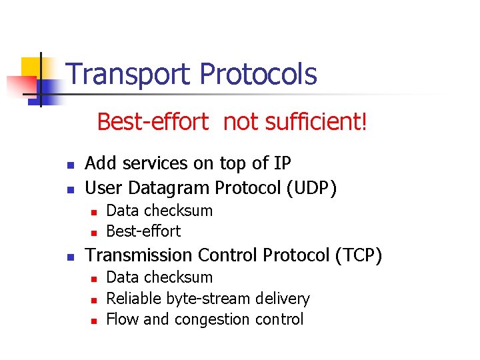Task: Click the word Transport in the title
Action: tap(128, 74)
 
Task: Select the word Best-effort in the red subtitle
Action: tap(153, 122)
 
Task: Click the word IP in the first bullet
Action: tap(281, 163)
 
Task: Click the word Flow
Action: tap(122, 319)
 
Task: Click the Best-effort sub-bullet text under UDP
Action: tap(143, 231)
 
